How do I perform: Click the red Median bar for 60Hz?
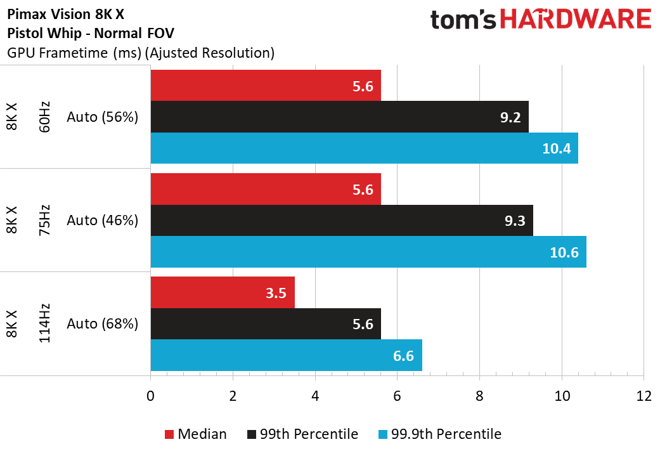(266, 86)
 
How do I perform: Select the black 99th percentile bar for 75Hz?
(342, 220)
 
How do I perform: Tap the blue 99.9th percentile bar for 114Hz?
(286, 355)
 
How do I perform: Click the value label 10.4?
(557, 148)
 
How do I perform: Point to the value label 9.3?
(515, 221)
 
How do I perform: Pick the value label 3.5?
(276, 292)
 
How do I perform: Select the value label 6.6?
(403, 356)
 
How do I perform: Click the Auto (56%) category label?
(102, 117)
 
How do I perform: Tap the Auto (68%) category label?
(102, 323)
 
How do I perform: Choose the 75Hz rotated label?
(44, 220)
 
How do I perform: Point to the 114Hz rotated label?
(44, 323)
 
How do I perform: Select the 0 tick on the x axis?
(151, 396)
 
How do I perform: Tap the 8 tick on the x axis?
(479, 396)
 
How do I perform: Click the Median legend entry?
(196, 434)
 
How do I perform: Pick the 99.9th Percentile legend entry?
(440, 434)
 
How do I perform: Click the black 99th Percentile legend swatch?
(252, 434)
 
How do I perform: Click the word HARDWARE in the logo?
(576, 20)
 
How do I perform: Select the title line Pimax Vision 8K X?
(66, 15)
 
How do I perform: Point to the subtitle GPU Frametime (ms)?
(75, 53)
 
